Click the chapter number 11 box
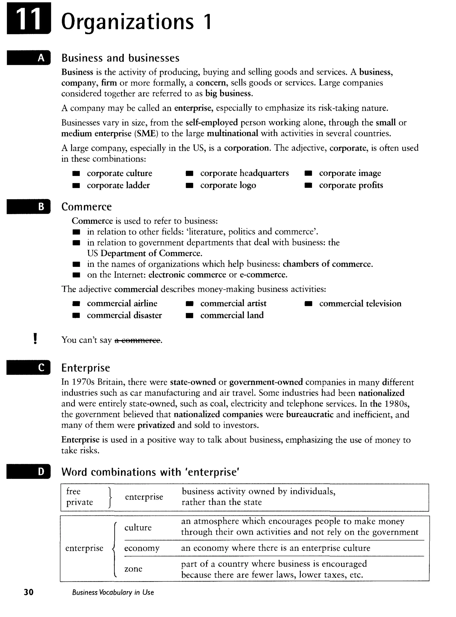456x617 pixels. coord(29,19)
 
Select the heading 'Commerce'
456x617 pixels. coord(86,207)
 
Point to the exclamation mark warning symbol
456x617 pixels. coord(35,339)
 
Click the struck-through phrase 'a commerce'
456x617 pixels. coord(137,340)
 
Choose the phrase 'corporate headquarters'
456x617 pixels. coord(244,173)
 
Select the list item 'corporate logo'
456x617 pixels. coord(228,185)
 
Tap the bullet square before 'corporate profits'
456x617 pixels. coord(308,185)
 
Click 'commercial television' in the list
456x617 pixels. coord(360,304)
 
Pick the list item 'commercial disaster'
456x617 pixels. coord(124,315)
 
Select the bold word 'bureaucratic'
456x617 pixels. coord(309,414)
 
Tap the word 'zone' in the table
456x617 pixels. coord(133,569)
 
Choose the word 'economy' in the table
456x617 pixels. coord(142,548)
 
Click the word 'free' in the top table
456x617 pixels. coord(73,491)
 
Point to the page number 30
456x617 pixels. coord(28,592)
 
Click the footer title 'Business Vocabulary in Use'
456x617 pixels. coord(113,593)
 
